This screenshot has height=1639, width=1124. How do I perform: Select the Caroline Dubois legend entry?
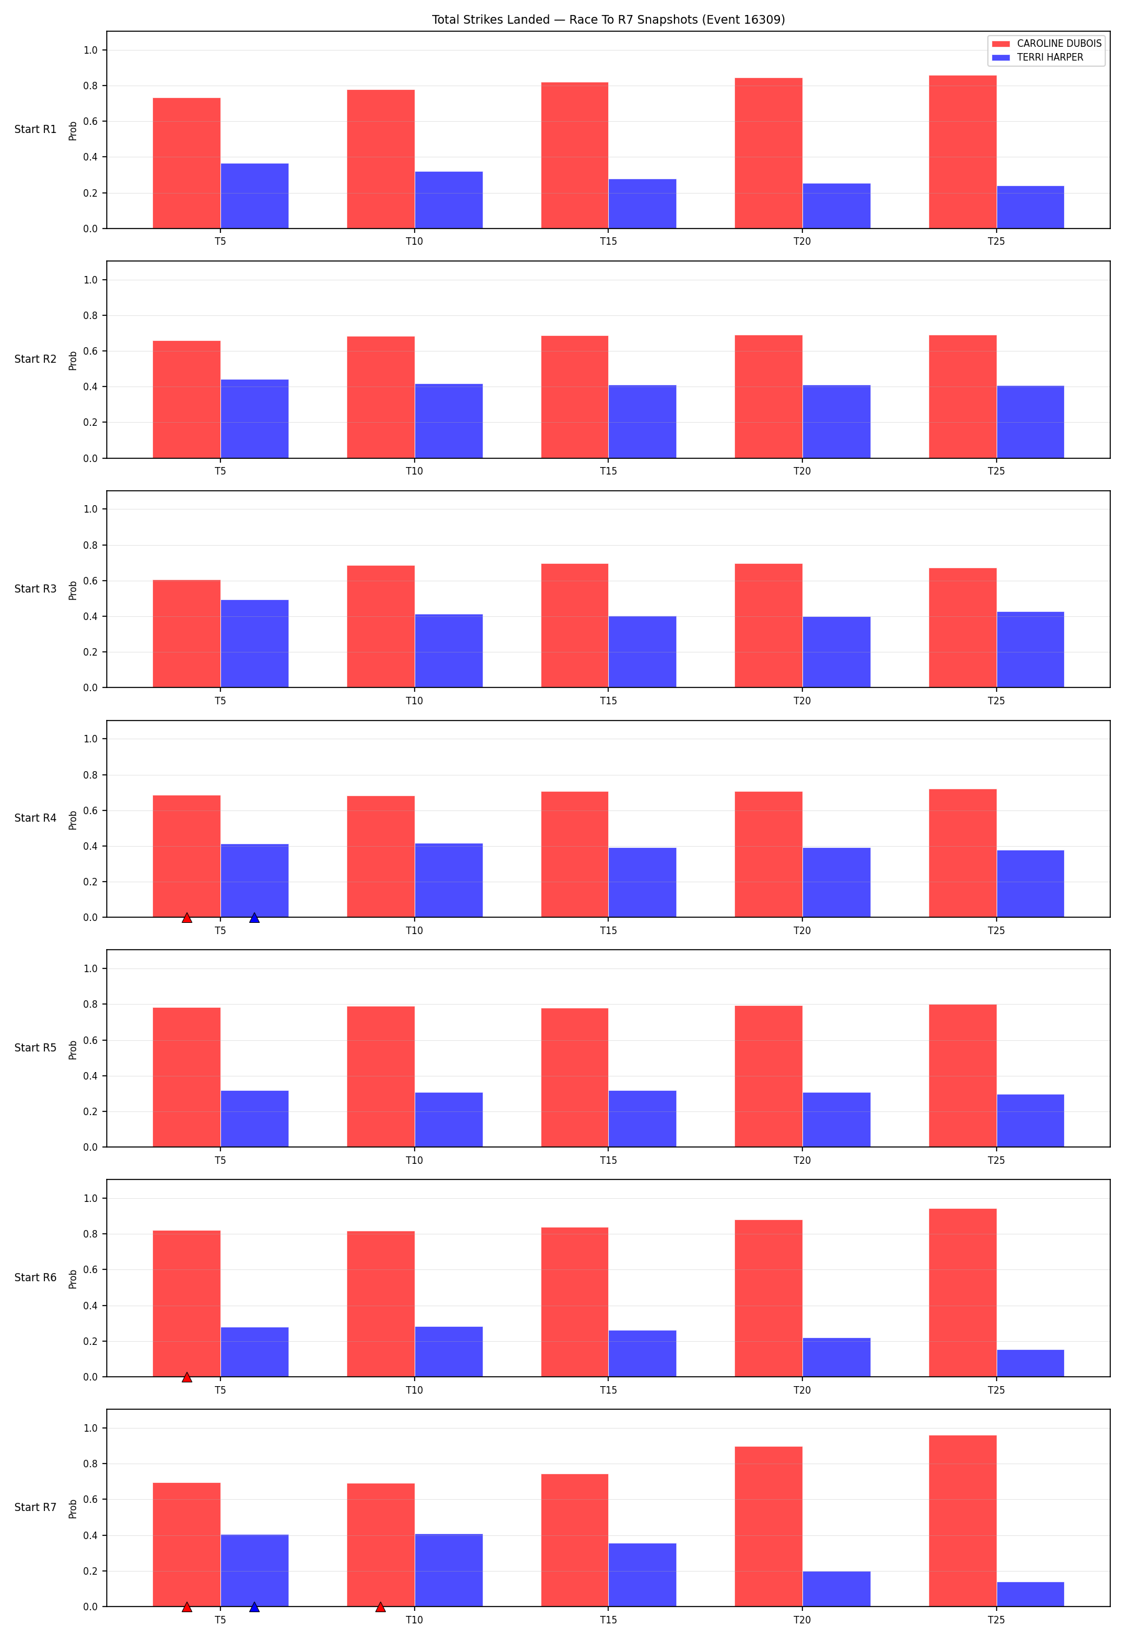[x=1047, y=44]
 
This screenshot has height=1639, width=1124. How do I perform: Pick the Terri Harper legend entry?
[x=1037, y=57]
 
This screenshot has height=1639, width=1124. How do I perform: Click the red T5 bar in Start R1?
[x=187, y=163]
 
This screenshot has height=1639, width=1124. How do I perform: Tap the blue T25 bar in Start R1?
[x=1030, y=207]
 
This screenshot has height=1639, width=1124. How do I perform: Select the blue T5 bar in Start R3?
[x=255, y=643]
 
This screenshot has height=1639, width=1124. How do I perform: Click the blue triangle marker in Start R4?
[x=255, y=918]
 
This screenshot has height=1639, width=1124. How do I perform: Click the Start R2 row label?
[x=35, y=359]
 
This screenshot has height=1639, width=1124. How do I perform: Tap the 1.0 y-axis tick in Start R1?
[x=91, y=50]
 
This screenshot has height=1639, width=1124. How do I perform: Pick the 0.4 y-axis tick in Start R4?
[x=91, y=846]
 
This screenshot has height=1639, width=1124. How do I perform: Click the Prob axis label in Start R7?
[x=72, y=1509]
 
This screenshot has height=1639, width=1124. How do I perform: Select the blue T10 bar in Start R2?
[x=448, y=421]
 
